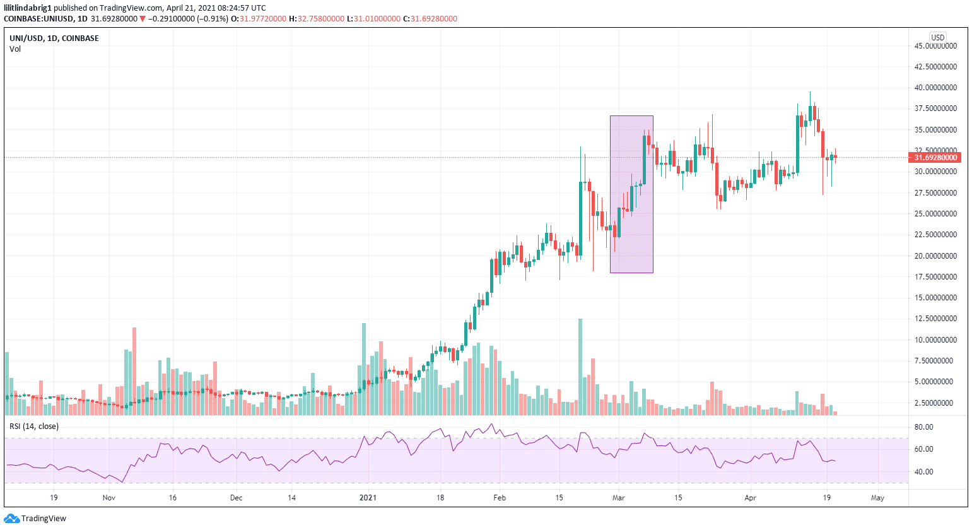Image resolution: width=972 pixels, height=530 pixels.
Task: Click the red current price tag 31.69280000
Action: click(935, 158)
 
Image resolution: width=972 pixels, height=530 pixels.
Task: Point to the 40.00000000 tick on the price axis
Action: click(935, 88)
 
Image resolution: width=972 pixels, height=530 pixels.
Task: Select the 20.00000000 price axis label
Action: click(935, 256)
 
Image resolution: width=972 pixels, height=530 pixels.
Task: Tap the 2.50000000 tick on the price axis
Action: click(935, 403)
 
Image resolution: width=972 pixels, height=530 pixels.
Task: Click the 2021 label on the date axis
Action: click(368, 498)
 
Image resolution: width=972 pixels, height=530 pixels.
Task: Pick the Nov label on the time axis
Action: click(109, 498)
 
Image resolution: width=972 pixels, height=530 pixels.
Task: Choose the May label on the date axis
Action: click(877, 498)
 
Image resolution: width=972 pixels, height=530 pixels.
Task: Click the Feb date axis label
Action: click(500, 498)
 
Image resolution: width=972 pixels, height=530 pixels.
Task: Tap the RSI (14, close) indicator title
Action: click(34, 427)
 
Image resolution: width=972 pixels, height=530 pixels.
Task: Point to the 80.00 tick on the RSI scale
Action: click(923, 427)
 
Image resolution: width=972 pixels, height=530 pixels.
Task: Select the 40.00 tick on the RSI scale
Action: click(923, 472)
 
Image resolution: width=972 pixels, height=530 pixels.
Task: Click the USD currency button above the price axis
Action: click(938, 38)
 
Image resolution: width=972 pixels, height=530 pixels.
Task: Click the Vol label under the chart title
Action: click(15, 49)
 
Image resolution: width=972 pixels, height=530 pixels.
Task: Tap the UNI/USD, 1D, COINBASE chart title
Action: click(54, 38)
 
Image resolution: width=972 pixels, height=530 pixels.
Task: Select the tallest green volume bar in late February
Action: click(580, 366)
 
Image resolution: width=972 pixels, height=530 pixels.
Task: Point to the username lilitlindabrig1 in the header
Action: click(28, 8)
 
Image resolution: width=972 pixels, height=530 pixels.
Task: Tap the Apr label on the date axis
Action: click(750, 498)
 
